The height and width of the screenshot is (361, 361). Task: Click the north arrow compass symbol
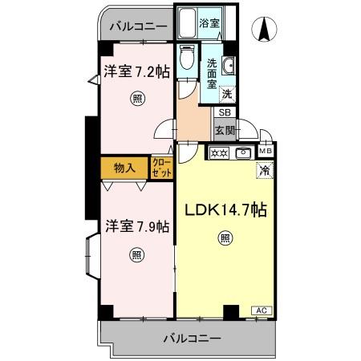click(x=263, y=30)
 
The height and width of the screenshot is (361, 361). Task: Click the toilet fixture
click(x=187, y=58)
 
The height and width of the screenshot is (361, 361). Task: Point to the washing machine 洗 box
click(x=227, y=93)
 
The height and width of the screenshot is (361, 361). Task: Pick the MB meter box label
click(x=266, y=151)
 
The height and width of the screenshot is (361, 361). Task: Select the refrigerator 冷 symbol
click(x=263, y=170)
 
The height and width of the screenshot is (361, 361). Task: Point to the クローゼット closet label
click(x=162, y=168)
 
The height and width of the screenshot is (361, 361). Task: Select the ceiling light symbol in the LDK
click(x=225, y=238)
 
